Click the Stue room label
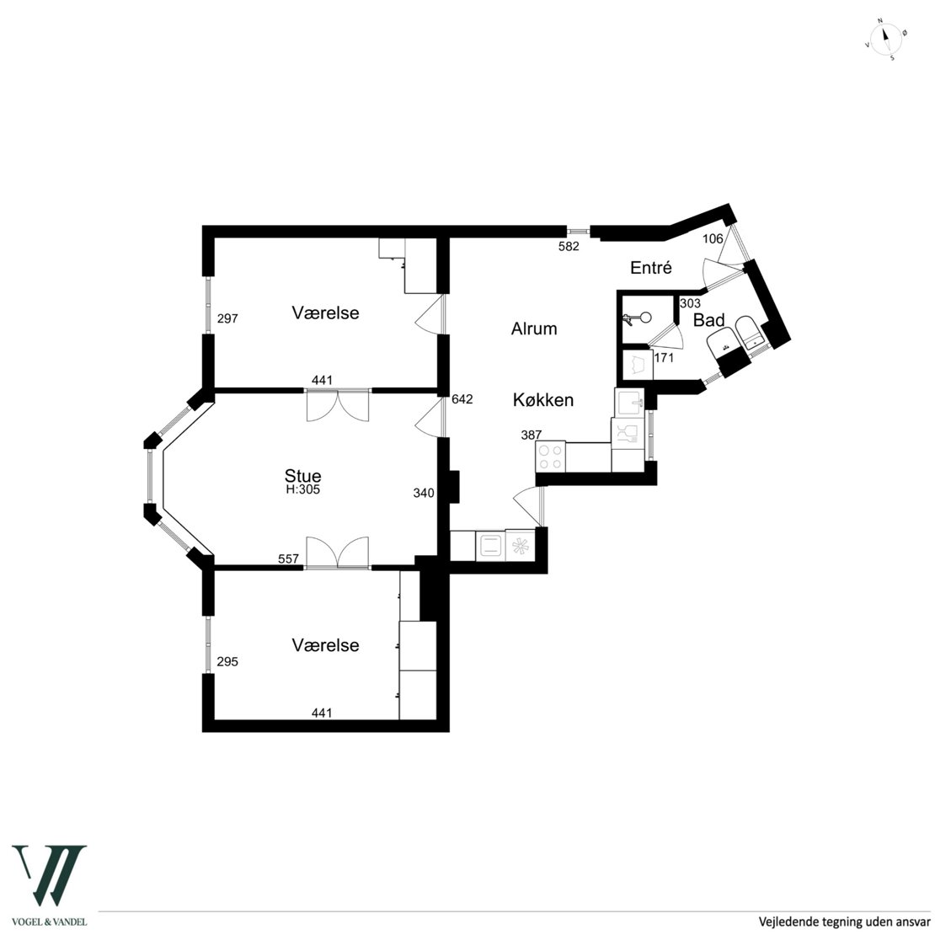(x=303, y=476)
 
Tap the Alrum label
(x=534, y=329)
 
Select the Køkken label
(x=543, y=399)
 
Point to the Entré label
(x=651, y=268)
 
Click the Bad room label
(x=709, y=320)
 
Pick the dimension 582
(x=569, y=246)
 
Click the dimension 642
(x=462, y=399)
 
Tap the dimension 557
(x=289, y=558)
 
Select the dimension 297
(x=227, y=318)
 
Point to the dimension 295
(x=227, y=661)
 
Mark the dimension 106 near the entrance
(x=713, y=239)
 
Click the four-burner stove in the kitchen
(x=550, y=457)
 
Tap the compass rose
(x=885, y=40)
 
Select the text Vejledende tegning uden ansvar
(x=844, y=922)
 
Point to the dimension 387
(x=532, y=435)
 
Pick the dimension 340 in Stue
(x=424, y=493)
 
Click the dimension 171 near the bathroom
(x=664, y=358)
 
